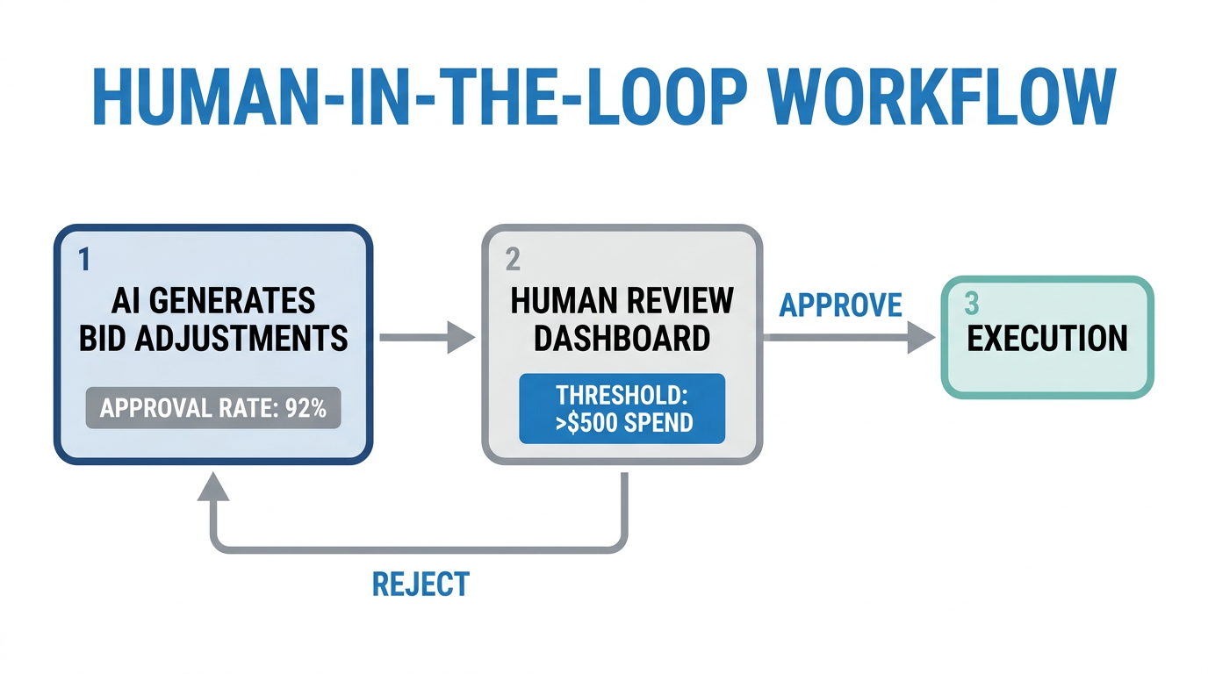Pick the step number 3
pyautogui.click(x=971, y=304)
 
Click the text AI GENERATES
pyautogui.click(x=212, y=301)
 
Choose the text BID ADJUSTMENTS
pyautogui.click(x=212, y=339)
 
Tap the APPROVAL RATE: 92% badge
pyautogui.click(x=212, y=408)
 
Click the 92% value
pyautogui.click(x=306, y=408)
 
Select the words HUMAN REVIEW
pyautogui.click(x=622, y=301)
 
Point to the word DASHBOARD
pyautogui.click(x=622, y=339)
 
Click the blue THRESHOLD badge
pyautogui.click(x=622, y=408)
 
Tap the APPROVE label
pyautogui.click(x=840, y=305)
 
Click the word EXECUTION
pyautogui.click(x=1046, y=339)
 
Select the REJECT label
pyautogui.click(x=421, y=584)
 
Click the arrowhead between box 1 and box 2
pyautogui.click(x=461, y=337)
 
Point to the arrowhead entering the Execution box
pyautogui.click(x=922, y=337)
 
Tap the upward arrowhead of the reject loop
pyautogui.click(x=212, y=484)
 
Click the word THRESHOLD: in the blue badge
pyautogui.click(x=622, y=394)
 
